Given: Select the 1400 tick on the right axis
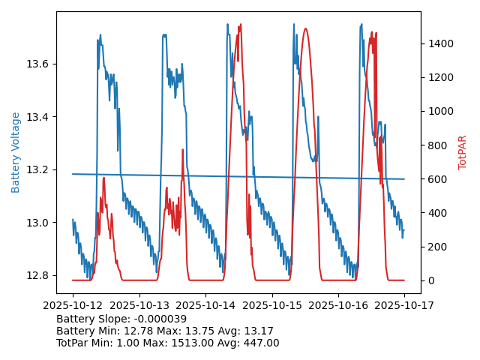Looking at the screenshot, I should pos(437,43).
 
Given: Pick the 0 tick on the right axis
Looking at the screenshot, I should pos(430,280).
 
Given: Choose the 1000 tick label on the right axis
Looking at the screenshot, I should pos(437,111).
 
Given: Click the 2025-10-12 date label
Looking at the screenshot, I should pos(73,306).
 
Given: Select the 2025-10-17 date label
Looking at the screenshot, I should pos(404,306).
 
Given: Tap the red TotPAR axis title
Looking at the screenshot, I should pos(463,152).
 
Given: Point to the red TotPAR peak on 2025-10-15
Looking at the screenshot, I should pos(305,28).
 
